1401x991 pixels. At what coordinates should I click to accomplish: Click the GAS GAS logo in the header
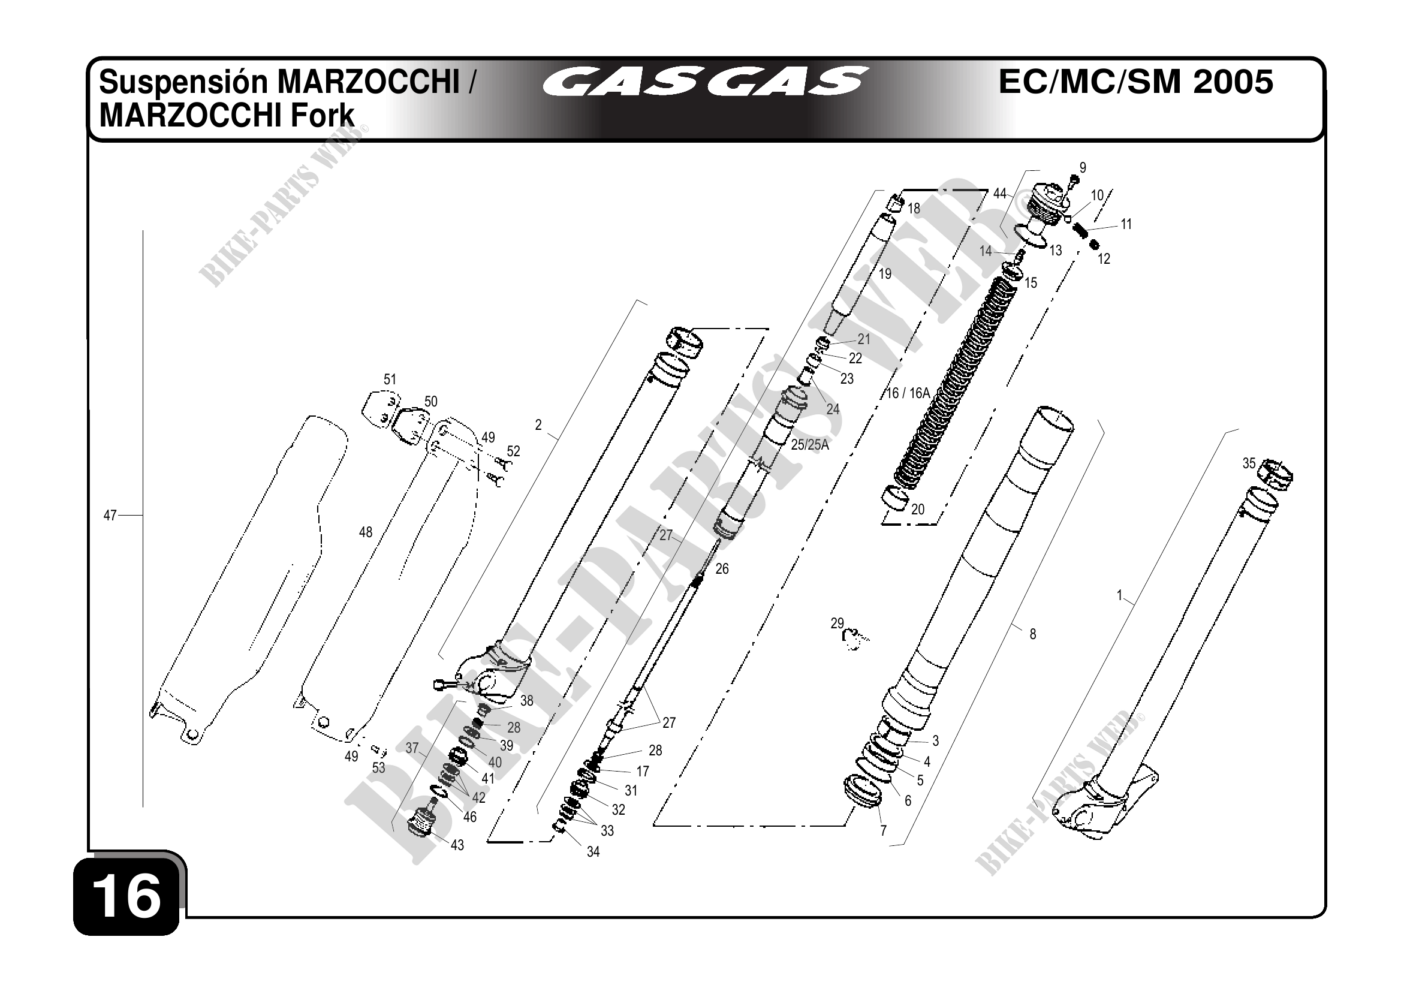pyautogui.click(x=706, y=82)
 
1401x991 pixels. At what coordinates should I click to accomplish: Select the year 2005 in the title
pyautogui.click(x=1233, y=82)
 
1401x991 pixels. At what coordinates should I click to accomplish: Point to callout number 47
pyautogui.click(x=110, y=516)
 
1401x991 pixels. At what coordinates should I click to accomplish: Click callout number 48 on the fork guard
pyautogui.click(x=366, y=532)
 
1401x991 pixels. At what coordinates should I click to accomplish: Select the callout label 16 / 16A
pyautogui.click(x=908, y=394)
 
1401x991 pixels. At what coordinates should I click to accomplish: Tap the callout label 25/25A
pyautogui.click(x=810, y=445)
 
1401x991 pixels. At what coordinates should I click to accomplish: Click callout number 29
pyautogui.click(x=836, y=623)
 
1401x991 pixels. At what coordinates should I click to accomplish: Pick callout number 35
pyautogui.click(x=1249, y=463)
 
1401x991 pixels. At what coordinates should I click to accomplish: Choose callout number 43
pyautogui.click(x=457, y=845)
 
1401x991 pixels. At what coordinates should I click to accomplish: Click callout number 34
pyautogui.click(x=593, y=852)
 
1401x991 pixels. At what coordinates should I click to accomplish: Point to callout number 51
pyautogui.click(x=390, y=379)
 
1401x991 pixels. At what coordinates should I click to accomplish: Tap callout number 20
pyautogui.click(x=918, y=509)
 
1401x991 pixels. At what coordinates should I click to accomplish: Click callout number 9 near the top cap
pyautogui.click(x=1083, y=167)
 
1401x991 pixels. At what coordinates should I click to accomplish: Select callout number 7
pyautogui.click(x=883, y=830)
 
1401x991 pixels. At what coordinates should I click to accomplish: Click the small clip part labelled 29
pyautogui.click(x=852, y=638)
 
